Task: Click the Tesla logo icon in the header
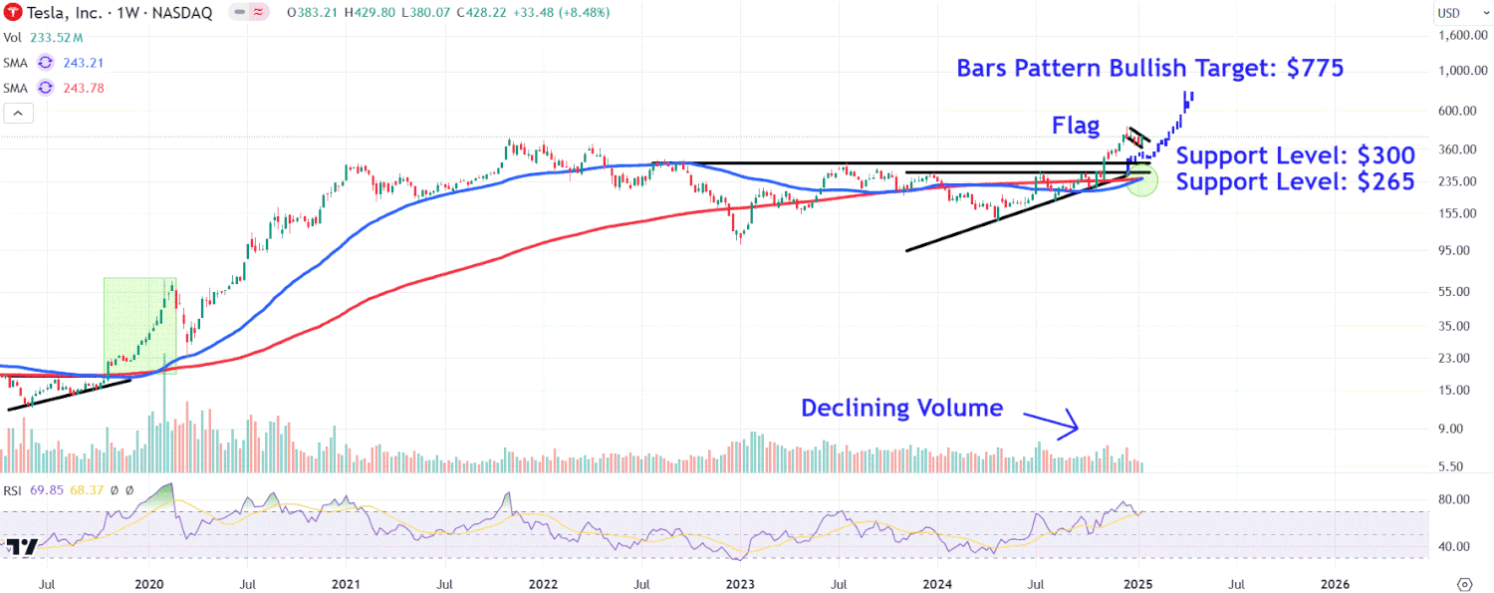pyautogui.click(x=14, y=13)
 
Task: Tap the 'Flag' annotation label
pyautogui.click(x=1077, y=126)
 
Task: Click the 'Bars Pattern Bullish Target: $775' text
pyautogui.click(x=1150, y=68)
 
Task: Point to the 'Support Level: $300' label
pyautogui.click(x=1295, y=156)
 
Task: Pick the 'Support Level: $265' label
pyautogui.click(x=1295, y=182)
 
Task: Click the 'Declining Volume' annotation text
pyautogui.click(x=901, y=408)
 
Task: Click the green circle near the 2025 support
pyautogui.click(x=1141, y=183)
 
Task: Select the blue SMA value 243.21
pyautogui.click(x=83, y=62)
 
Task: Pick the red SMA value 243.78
pyautogui.click(x=83, y=88)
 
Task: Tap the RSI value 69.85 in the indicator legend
pyautogui.click(x=47, y=489)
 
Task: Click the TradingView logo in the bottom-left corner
pyautogui.click(x=22, y=547)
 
